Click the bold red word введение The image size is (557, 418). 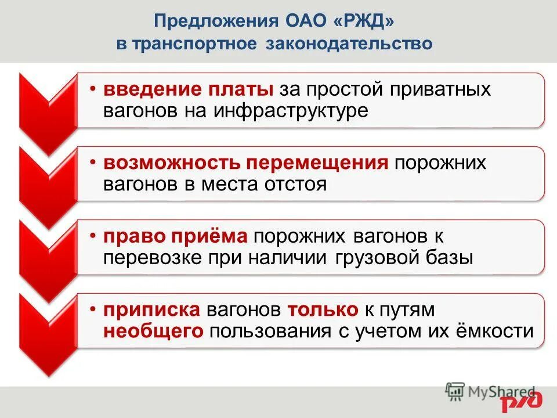149,90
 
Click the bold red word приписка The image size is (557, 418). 152,310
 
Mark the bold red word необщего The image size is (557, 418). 154,331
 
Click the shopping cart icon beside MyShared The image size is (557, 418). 455,391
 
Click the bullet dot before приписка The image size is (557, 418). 93,310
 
